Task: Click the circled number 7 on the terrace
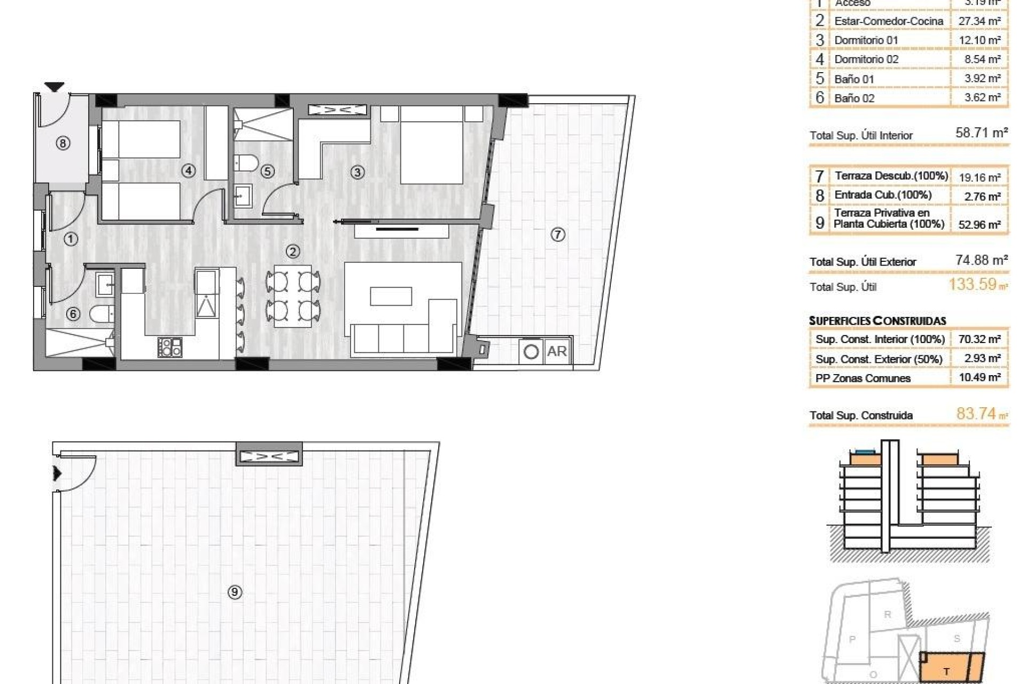(557, 234)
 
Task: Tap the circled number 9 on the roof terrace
(235, 592)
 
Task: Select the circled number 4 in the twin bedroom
(188, 170)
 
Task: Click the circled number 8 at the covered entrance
(63, 143)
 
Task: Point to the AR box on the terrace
(556, 351)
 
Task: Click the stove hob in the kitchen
(170, 347)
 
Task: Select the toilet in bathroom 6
(101, 314)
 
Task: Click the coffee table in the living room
(391, 296)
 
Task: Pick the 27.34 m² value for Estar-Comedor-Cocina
(980, 21)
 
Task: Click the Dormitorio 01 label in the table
(866, 40)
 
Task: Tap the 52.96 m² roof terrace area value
(979, 224)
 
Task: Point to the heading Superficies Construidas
(877, 321)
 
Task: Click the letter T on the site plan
(946, 672)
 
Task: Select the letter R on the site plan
(888, 614)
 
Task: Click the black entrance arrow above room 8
(54, 87)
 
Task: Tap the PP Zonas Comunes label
(862, 378)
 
